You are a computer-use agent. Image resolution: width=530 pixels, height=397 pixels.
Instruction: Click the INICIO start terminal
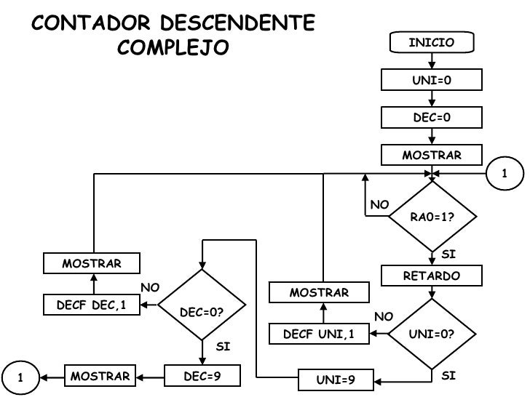click(432, 44)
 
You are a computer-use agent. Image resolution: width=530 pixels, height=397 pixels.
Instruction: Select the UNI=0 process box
click(432, 80)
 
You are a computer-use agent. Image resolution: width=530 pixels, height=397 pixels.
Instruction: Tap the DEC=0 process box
click(432, 118)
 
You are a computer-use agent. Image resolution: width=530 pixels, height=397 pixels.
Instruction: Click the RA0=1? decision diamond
click(432, 216)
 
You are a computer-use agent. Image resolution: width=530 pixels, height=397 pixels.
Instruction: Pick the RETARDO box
click(432, 276)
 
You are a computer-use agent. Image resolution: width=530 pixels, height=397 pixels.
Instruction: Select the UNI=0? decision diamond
click(432, 334)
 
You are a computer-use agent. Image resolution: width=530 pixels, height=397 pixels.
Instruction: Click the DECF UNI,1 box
click(319, 334)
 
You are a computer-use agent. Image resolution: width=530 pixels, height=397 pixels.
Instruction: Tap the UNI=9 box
click(336, 380)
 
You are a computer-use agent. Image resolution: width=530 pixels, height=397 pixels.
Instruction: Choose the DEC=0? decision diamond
click(201, 312)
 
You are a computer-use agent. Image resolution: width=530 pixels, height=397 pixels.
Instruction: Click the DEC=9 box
click(202, 377)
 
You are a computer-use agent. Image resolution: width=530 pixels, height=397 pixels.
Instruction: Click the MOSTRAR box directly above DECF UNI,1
click(319, 292)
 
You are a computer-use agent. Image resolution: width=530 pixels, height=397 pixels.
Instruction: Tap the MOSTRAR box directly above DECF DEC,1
click(92, 262)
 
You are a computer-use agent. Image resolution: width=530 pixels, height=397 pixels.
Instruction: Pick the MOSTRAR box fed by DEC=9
click(100, 377)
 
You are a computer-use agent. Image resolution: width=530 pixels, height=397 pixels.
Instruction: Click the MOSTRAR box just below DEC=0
click(432, 156)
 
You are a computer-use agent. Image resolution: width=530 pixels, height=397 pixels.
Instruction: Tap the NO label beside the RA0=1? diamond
click(379, 205)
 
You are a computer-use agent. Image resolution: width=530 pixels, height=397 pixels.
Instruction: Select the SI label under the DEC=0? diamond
click(224, 347)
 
